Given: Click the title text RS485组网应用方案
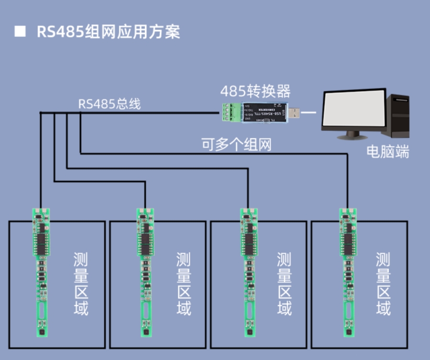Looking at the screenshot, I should pyautogui.click(x=108, y=32).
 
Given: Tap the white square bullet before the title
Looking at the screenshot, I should pyautogui.click(x=20, y=32).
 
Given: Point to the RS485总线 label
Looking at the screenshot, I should pyautogui.click(x=110, y=104).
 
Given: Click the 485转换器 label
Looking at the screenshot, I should pyautogui.click(x=255, y=91).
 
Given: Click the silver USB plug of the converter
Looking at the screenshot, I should pyautogui.click(x=296, y=113).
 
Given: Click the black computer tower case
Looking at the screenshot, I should pyautogui.click(x=398, y=117).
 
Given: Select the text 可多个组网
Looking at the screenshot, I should pyautogui.click(x=236, y=144).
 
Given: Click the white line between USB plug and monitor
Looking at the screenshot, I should pyautogui.click(x=309, y=113).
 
